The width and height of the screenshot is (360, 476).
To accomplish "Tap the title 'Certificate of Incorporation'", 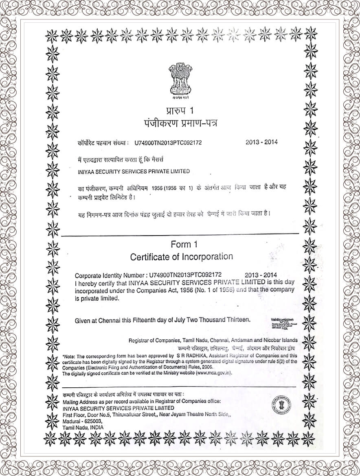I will pyautogui.click(x=181, y=257).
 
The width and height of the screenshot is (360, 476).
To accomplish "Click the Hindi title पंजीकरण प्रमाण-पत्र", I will pyautogui.click(x=181, y=122).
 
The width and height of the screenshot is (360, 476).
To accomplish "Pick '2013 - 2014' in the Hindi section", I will pyautogui.click(x=261, y=142).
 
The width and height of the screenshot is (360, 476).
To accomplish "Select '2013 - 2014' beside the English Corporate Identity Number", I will pyautogui.click(x=261, y=275).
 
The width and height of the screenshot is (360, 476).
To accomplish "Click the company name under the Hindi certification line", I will pyautogui.click(x=134, y=171).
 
